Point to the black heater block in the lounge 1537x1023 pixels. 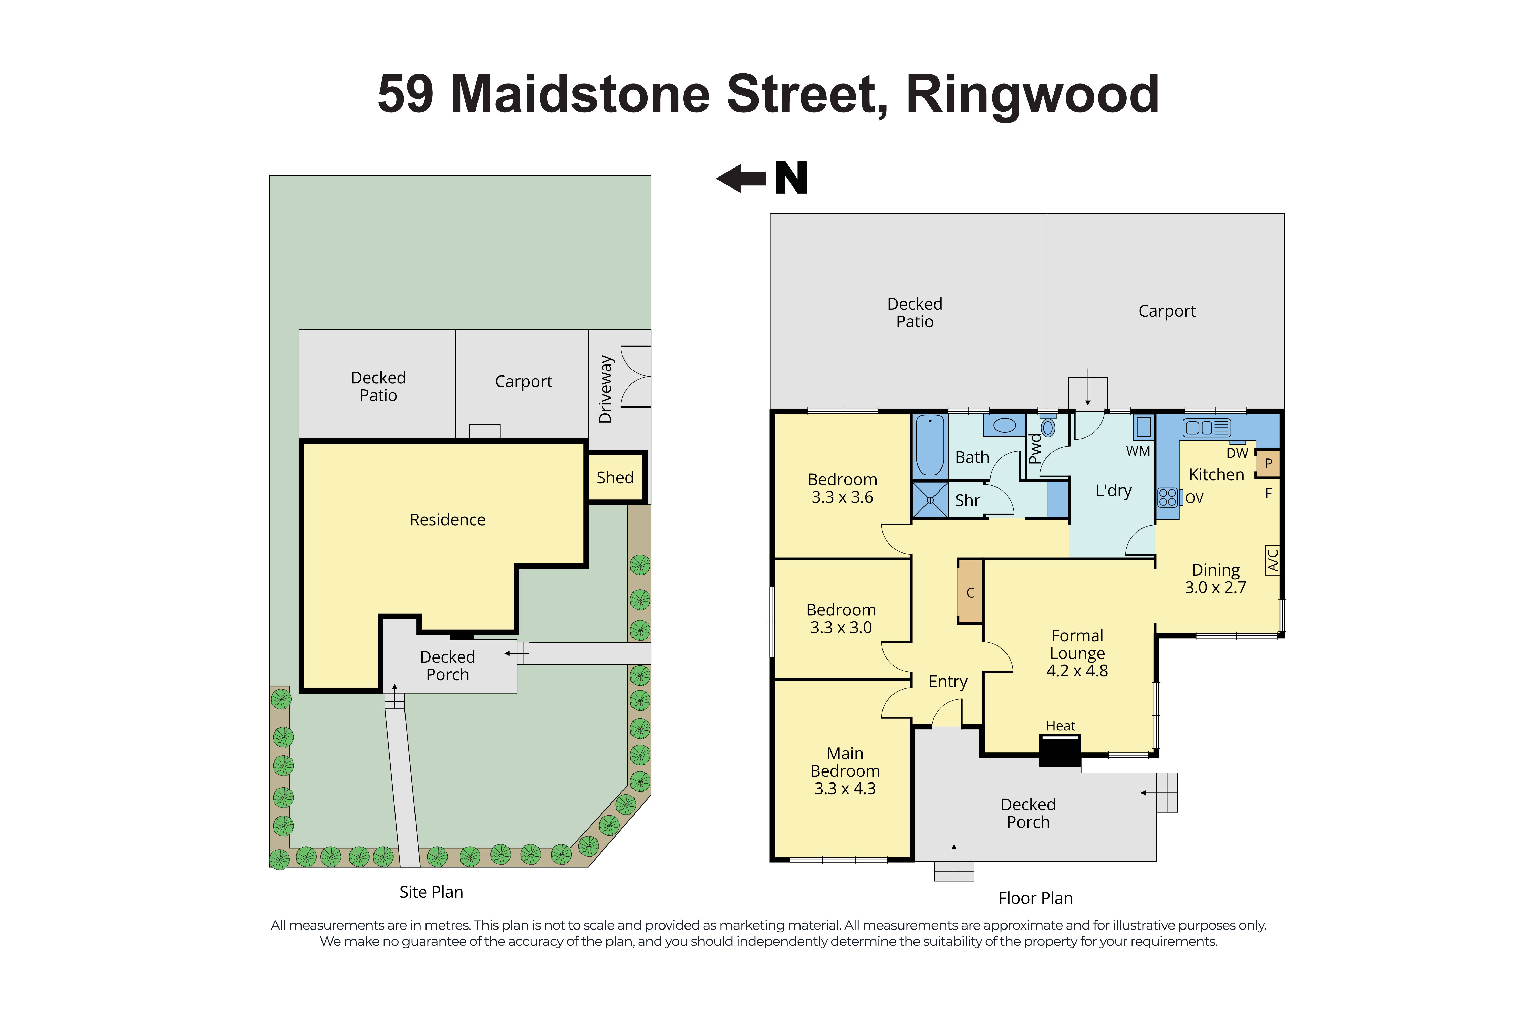(1060, 750)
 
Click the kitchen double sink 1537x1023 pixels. (1206, 427)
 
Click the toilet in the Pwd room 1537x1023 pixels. (1048, 427)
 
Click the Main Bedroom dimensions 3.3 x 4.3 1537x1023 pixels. (845, 789)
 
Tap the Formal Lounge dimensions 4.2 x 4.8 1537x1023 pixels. (1077, 671)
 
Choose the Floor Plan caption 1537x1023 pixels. (1035, 898)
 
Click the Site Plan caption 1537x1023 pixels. (431, 892)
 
